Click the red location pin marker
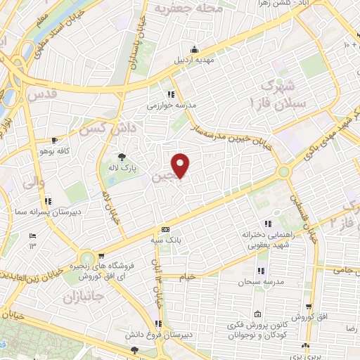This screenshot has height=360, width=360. tap(181, 165)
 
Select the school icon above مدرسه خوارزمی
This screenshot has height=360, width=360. tap(171, 94)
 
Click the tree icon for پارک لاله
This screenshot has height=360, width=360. tap(122, 157)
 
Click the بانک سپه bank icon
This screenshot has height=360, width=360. tap(166, 230)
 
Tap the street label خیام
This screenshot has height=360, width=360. tap(186, 277)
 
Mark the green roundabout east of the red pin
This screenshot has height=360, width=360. tap(283, 171)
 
